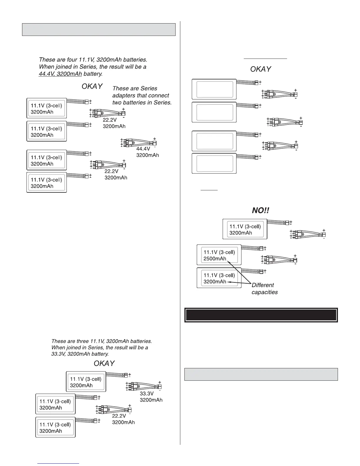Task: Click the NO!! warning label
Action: [260, 211]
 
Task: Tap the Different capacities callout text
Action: [264, 289]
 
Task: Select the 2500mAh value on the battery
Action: [215, 259]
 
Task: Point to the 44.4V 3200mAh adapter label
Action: [147, 152]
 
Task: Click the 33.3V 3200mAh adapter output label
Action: [151, 397]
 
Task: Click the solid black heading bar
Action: [261, 315]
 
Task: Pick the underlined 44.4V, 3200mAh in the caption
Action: [60, 74]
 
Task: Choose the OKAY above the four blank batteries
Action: [260, 69]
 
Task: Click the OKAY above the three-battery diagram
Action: [104, 364]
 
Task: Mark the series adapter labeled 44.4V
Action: [138, 143]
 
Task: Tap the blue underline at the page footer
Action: [58, 463]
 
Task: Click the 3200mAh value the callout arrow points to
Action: [215, 282]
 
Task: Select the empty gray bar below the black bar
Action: [261, 374]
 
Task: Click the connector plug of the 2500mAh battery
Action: [261, 248]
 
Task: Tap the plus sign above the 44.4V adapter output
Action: [155, 139]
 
